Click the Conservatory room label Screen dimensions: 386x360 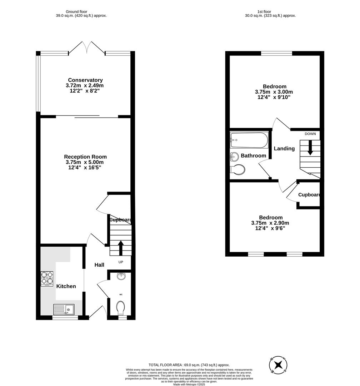(x=85, y=80)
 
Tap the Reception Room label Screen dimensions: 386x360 (x=85, y=157)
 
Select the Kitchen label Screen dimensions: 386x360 (x=66, y=286)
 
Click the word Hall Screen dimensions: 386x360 (x=99, y=265)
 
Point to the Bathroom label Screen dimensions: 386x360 (x=253, y=155)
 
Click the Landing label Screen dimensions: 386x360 (x=284, y=148)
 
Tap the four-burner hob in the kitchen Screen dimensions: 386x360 (x=47, y=279)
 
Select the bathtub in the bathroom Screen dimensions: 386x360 (x=249, y=140)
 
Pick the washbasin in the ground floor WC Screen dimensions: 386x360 (x=121, y=276)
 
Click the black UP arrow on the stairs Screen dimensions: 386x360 (x=121, y=248)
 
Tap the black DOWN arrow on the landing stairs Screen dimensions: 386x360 (x=310, y=147)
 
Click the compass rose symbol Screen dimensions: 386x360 (x=278, y=365)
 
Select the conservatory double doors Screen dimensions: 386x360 (x=87, y=48)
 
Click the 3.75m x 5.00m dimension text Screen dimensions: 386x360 (x=85, y=162)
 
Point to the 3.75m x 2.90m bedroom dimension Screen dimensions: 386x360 (x=270, y=223)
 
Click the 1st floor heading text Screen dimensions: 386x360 (x=270, y=12)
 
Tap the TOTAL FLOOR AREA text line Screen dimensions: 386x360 (x=189, y=365)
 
